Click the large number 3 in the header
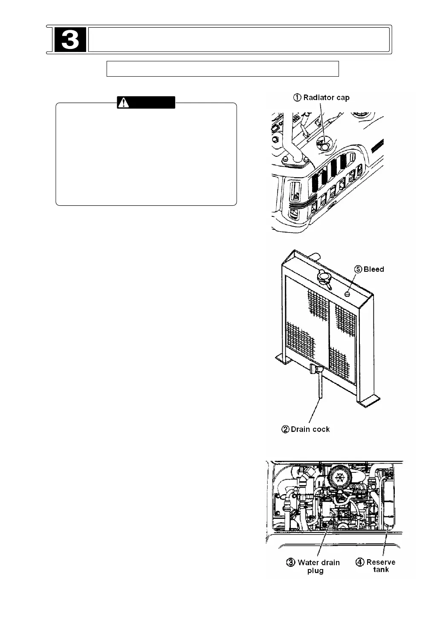pos(70,40)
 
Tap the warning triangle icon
pos(124,103)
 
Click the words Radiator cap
pos(326,98)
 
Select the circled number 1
pos(297,98)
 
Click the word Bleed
pos(373,269)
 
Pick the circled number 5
pos(358,269)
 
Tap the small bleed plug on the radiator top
pos(347,294)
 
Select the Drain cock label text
pos(310,429)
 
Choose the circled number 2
pos(286,429)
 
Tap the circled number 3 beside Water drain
pos(291,563)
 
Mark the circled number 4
pos(360,563)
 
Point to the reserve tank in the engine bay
pos(389,503)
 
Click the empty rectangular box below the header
pos(222,69)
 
